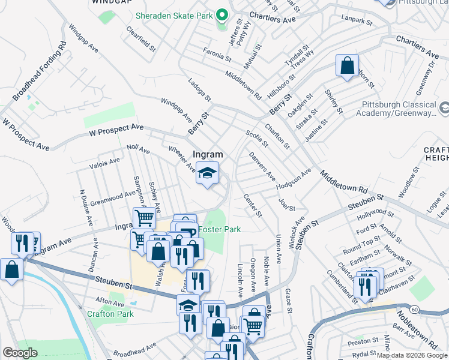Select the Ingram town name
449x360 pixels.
[208, 154]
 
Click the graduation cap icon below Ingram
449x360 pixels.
[208, 174]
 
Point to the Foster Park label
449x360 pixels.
[220, 229]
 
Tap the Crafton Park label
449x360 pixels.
[110, 313]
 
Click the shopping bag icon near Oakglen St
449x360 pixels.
[347, 65]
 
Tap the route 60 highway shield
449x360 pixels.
[414, 308]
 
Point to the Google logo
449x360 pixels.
[20, 353]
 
